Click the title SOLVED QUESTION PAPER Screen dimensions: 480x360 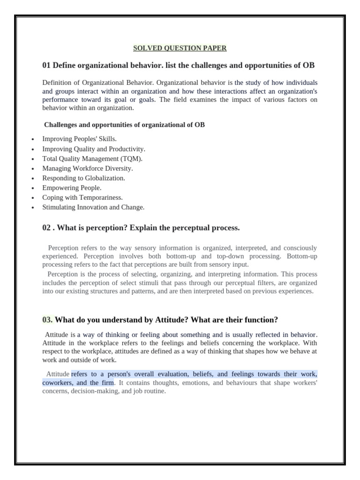[180, 48]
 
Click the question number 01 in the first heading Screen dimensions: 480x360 [47, 65]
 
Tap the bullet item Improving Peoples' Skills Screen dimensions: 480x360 [79, 139]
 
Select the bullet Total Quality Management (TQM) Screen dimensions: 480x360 [92, 158]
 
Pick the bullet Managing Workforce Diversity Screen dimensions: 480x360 [88, 168]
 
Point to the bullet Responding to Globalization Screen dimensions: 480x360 [83, 178]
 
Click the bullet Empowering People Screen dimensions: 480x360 [72, 188]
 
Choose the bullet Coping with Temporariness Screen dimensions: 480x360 [82, 198]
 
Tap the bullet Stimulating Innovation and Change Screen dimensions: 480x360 [93, 207]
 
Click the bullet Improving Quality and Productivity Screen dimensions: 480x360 [94, 149]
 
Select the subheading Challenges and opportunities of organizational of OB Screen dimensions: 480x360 [124, 125]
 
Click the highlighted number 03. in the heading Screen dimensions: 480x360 [48, 320]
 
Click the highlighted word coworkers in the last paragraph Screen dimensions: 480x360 [58, 382]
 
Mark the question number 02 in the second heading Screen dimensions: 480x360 [46, 228]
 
